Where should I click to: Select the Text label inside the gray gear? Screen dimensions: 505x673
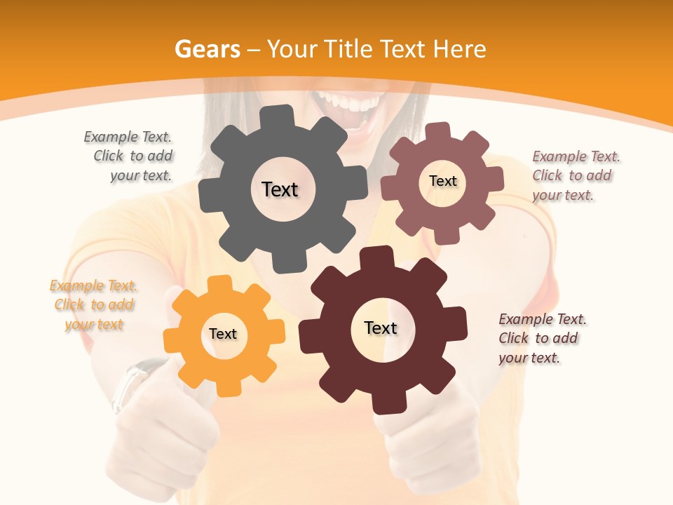(280, 189)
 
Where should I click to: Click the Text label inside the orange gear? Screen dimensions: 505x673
(223, 334)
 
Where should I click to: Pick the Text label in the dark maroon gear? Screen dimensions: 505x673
(381, 328)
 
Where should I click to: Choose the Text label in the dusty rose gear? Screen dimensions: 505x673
(442, 181)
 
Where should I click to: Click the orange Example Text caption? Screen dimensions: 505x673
(94, 305)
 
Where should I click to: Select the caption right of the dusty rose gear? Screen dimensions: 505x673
(576, 175)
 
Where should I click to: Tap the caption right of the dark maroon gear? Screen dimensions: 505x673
(542, 338)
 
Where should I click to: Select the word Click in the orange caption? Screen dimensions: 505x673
(69, 305)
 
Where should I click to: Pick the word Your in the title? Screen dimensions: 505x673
(292, 49)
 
